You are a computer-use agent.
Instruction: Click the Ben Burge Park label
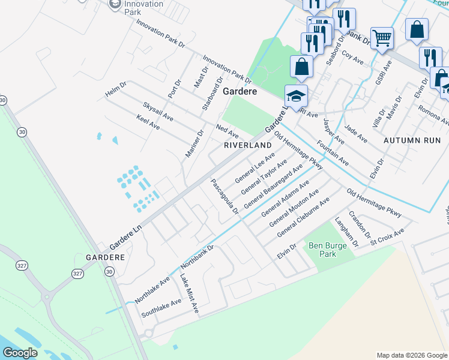tap(322, 250)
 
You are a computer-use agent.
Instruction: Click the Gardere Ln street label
tap(124, 239)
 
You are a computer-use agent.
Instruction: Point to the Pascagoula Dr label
tap(224, 196)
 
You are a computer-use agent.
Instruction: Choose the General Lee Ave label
tap(255, 167)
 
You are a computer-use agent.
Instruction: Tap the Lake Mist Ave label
tap(189, 293)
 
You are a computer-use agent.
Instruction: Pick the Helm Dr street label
tap(115, 89)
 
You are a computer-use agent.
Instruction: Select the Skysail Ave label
tap(158, 112)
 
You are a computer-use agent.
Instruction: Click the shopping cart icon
tap(382, 39)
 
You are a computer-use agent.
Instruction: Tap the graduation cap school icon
tap(295, 96)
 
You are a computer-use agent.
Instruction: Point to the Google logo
tap(20, 353)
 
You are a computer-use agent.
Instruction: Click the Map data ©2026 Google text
tap(411, 355)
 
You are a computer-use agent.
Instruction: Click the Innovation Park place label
tap(143, 8)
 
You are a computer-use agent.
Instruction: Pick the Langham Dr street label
tap(346, 232)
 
